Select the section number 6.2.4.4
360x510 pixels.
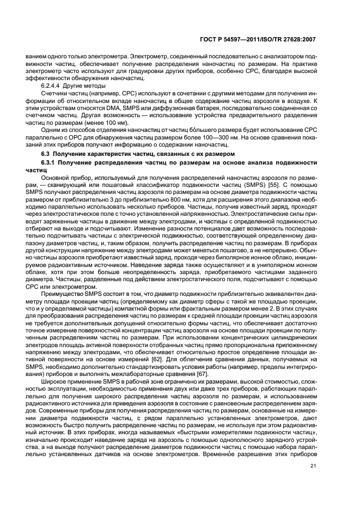click(x=53, y=86)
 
